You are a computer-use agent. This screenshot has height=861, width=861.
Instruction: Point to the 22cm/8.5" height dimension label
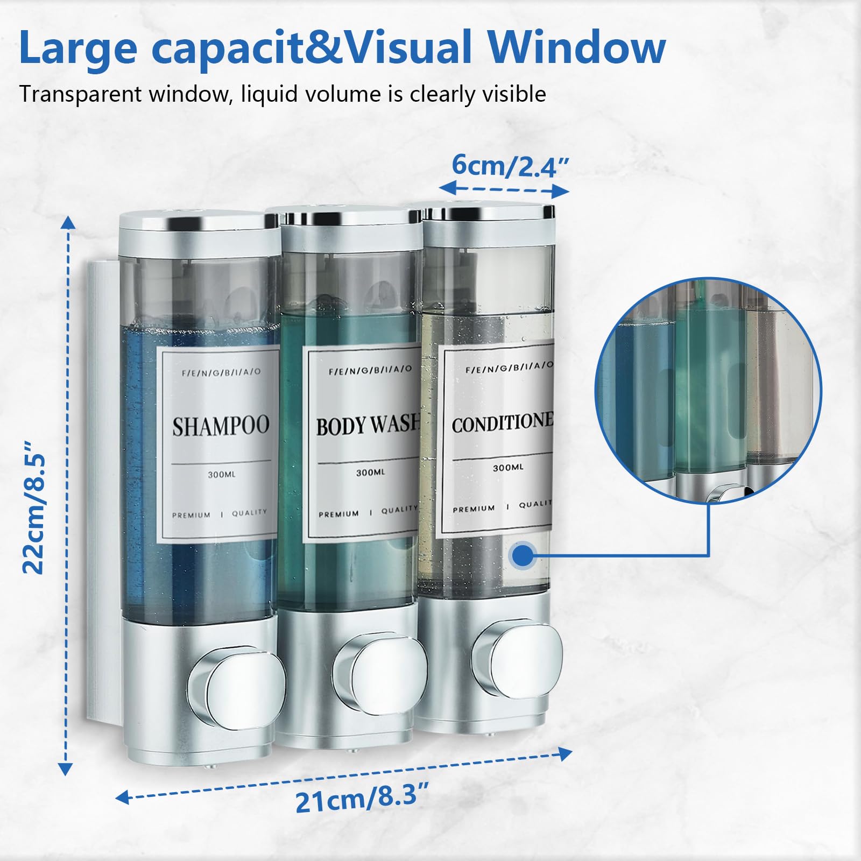click(x=34, y=507)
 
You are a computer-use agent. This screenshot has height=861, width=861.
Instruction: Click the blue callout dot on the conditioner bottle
click(x=523, y=555)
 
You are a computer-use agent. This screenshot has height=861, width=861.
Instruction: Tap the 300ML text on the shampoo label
click(x=222, y=475)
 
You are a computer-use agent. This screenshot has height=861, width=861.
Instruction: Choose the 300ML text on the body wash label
click(x=371, y=472)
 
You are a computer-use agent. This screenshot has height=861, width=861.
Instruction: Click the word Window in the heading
click(x=577, y=47)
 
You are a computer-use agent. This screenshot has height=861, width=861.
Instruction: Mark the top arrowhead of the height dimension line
click(x=68, y=222)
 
